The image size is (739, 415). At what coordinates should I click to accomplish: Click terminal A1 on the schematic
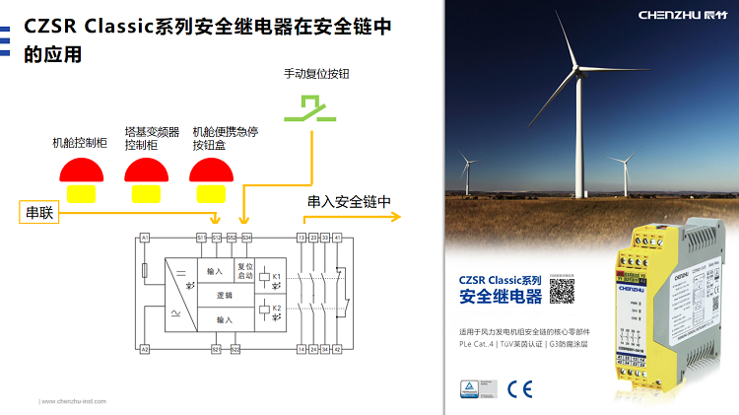tap(144, 238)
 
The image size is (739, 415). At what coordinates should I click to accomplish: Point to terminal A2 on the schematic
tap(144, 349)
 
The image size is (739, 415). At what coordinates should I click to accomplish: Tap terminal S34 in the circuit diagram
tap(246, 238)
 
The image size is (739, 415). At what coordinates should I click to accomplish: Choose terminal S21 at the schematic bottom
tap(216, 349)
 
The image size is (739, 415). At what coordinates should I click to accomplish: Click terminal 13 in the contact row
tap(302, 238)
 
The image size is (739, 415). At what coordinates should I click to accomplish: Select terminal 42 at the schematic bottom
tap(337, 349)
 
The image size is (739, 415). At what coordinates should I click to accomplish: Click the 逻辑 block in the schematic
tap(224, 295)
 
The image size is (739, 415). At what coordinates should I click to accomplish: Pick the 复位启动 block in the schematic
tap(245, 270)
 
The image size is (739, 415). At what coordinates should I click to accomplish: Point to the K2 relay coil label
tap(277, 309)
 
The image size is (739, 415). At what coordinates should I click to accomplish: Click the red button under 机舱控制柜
tap(81, 173)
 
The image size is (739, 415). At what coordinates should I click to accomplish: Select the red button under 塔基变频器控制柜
tap(146, 173)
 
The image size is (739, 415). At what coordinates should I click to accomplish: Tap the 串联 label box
tap(39, 212)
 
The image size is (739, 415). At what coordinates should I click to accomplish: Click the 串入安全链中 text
tap(349, 202)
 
